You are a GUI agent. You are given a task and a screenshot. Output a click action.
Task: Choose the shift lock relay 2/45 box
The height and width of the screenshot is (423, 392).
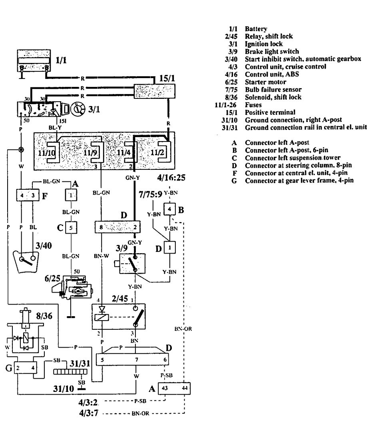(119, 318)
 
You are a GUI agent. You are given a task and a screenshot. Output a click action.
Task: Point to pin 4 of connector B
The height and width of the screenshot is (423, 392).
(169, 209)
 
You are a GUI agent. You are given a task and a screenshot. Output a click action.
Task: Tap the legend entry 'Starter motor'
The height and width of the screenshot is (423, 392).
(265, 82)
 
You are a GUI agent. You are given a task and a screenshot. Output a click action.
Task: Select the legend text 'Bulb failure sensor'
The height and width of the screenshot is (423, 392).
(273, 90)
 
